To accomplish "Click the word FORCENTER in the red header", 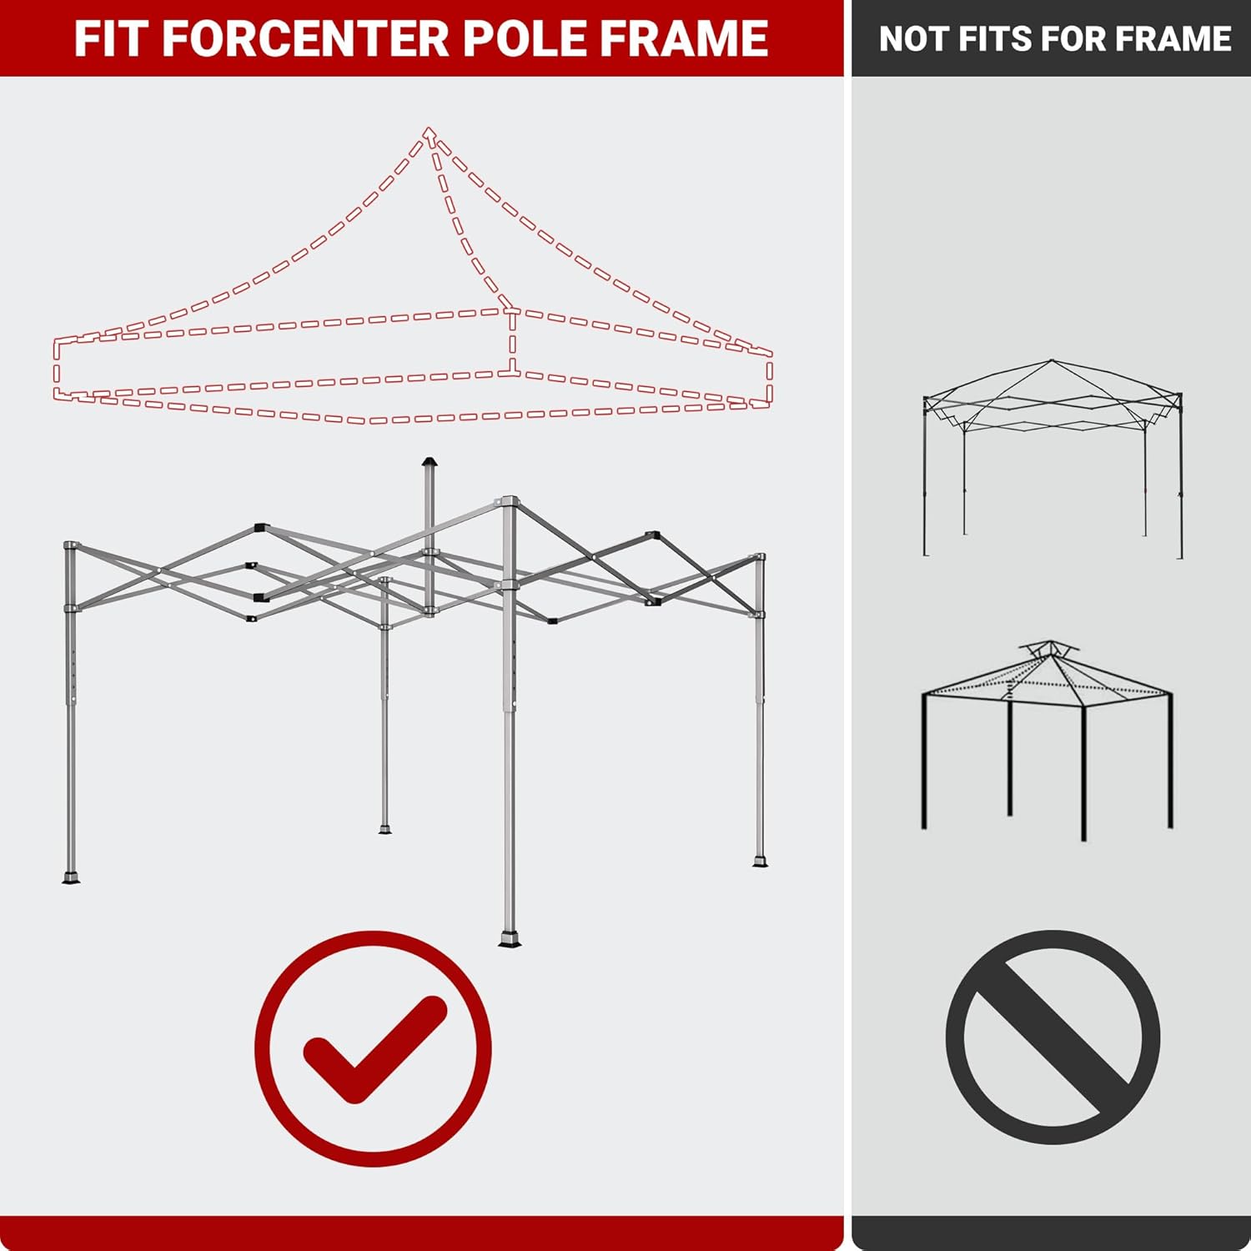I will (304, 38).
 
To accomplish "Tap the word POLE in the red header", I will (536, 38).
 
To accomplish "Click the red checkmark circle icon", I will (373, 1048).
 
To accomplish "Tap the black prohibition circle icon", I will (1053, 1037).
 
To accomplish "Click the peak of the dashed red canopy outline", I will (430, 132).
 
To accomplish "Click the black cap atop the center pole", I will (429, 461).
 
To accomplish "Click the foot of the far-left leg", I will (71, 877).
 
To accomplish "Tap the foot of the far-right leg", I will (759, 860).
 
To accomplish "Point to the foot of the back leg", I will (384, 828).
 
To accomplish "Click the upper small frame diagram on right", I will (1053, 459).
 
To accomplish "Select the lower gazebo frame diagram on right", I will (1048, 742).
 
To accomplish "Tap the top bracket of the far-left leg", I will (70, 545).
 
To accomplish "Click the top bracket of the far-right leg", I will (759, 556).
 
